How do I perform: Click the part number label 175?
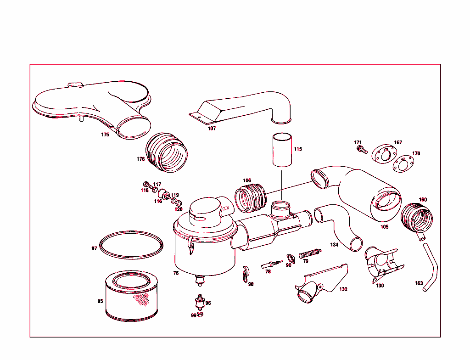click(x=105, y=135)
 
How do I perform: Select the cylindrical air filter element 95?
click(x=131, y=296)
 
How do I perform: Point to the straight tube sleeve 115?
click(x=282, y=150)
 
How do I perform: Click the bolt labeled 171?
click(x=362, y=149)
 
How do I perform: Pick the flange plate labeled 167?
click(x=383, y=154)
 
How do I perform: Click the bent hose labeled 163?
click(x=430, y=267)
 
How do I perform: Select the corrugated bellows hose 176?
click(x=166, y=152)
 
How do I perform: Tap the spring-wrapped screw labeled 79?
click(x=310, y=253)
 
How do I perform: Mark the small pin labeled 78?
click(x=272, y=264)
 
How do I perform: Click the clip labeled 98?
click(x=246, y=274)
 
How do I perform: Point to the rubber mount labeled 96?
click(x=200, y=303)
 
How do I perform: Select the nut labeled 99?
click(x=201, y=314)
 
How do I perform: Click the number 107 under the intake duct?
click(x=212, y=129)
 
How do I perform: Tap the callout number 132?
click(x=343, y=289)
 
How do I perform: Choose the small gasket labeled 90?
click(x=291, y=259)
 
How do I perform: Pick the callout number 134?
click(x=334, y=245)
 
